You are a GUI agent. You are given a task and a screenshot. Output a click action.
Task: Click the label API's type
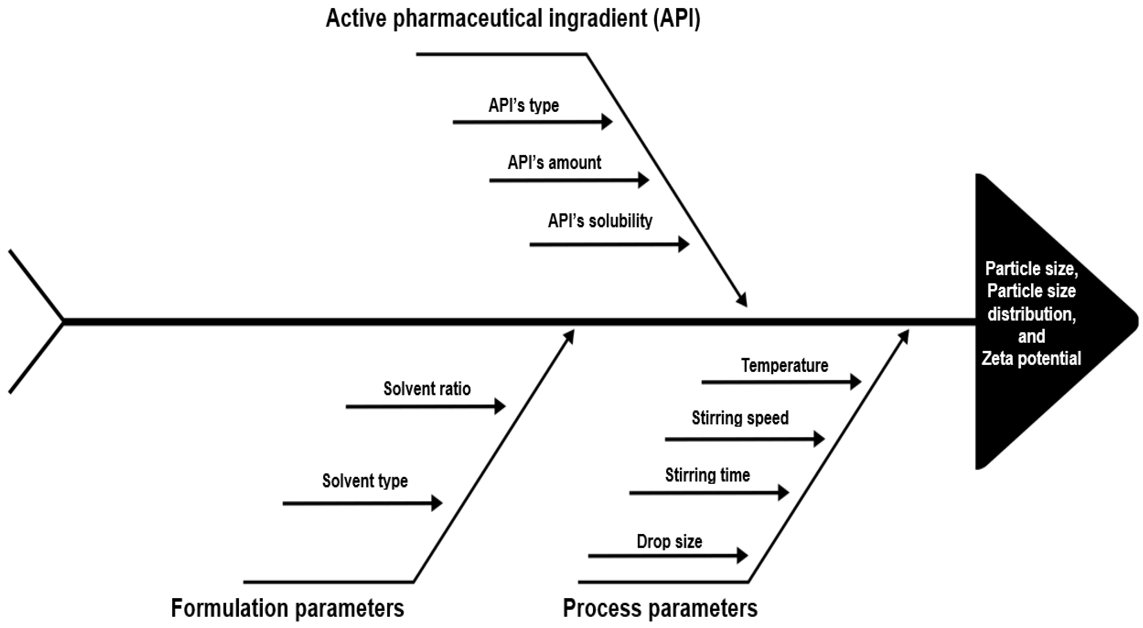[x=524, y=106]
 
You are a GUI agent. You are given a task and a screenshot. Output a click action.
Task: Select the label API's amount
[x=554, y=163]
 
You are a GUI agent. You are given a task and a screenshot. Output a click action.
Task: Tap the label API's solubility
[x=600, y=221]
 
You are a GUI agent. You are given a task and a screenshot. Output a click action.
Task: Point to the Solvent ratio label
[x=427, y=389]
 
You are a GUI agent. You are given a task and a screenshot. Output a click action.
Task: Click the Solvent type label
[x=365, y=481]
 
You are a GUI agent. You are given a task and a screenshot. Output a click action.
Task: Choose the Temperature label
[x=784, y=365]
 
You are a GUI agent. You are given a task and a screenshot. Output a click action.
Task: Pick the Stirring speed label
[x=740, y=418]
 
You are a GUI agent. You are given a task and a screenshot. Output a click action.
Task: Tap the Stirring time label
[x=707, y=475]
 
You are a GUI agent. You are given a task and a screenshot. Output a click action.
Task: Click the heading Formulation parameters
[x=287, y=608]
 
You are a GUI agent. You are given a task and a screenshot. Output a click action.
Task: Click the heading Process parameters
[x=660, y=608]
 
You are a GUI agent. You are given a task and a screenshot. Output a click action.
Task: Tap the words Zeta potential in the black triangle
[x=1031, y=358]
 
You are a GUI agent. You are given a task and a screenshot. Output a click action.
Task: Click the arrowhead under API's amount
[x=644, y=180]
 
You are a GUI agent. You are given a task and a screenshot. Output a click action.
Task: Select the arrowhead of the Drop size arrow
[x=742, y=555]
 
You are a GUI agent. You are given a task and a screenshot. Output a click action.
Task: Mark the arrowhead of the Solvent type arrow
[x=437, y=503]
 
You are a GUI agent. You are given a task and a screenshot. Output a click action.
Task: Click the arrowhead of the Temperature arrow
[x=856, y=381]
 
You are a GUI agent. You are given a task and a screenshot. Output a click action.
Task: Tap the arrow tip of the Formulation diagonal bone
[x=571, y=335]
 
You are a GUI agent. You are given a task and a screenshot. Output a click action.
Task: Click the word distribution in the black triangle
[x=1031, y=314]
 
